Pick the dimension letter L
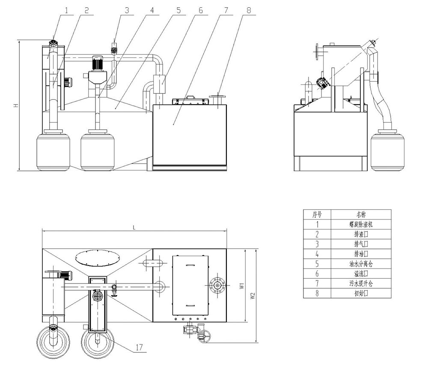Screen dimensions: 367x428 point(134,228)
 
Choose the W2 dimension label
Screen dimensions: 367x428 point(253,295)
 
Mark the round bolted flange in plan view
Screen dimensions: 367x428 point(216,285)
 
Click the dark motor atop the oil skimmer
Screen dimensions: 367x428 point(99,63)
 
